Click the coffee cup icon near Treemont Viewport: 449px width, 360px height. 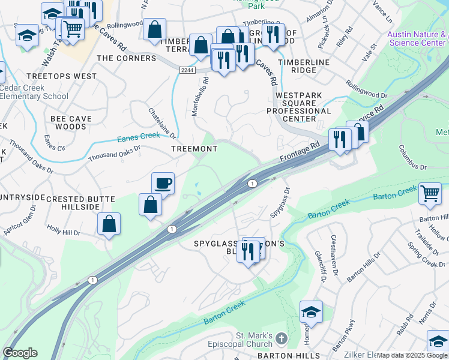[163, 183]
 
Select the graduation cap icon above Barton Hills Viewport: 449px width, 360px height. [311, 313]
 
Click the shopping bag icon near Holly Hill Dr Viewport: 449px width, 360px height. [109, 224]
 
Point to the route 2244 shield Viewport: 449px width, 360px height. [186, 70]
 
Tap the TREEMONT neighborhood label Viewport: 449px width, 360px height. [194, 149]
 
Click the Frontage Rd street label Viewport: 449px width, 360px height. [299, 152]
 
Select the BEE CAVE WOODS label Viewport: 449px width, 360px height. [71, 122]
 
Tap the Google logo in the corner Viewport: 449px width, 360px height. [20, 353]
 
